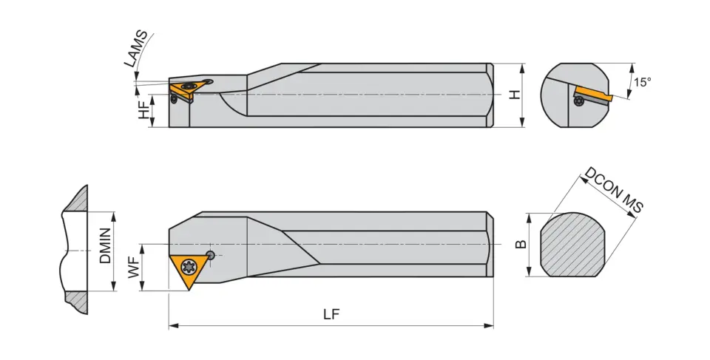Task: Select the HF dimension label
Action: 143,111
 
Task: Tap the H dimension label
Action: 514,95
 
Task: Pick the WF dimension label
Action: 134,267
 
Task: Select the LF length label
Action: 331,314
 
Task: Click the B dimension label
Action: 521,244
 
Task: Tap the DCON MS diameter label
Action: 613,191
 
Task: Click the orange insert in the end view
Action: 592,95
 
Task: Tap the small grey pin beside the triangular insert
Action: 212,255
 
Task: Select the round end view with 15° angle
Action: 575,95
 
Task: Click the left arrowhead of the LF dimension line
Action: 172,325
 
